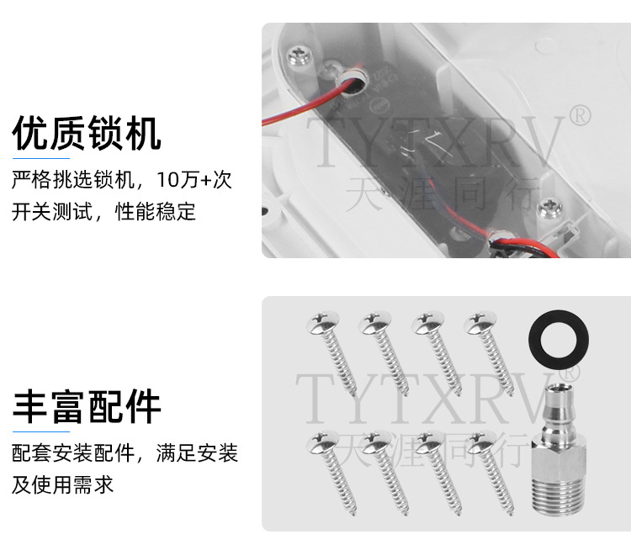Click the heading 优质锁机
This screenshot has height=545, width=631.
pyautogui.click(x=87, y=133)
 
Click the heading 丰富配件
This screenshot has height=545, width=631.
pyautogui.click(x=87, y=406)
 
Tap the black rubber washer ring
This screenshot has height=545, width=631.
pyautogui.click(x=558, y=340)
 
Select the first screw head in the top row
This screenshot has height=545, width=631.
pyautogui.click(x=323, y=322)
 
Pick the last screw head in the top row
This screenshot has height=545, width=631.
pyautogui.click(x=480, y=322)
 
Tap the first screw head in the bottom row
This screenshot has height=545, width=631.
pyautogui.click(x=323, y=442)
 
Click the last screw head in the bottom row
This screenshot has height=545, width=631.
pyautogui.click(x=480, y=442)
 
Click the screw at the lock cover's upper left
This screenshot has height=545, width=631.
pyautogui.click(x=300, y=56)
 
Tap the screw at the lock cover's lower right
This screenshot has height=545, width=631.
pyautogui.click(x=549, y=208)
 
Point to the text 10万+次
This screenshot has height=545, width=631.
pyautogui.click(x=194, y=179)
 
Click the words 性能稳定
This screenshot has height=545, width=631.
pyautogui.click(x=156, y=212)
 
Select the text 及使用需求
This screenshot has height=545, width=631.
pyautogui.click(x=63, y=484)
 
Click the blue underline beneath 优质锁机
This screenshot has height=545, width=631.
pyautogui.click(x=41, y=158)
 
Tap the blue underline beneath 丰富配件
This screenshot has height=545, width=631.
pyautogui.click(x=41, y=432)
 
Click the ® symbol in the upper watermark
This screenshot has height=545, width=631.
pyautogui.click(x=580, y=115)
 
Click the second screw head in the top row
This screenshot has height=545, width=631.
pyautogui.click(x=375, y=322)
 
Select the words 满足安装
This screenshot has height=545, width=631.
pyautogui.click(x=197, y=452)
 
